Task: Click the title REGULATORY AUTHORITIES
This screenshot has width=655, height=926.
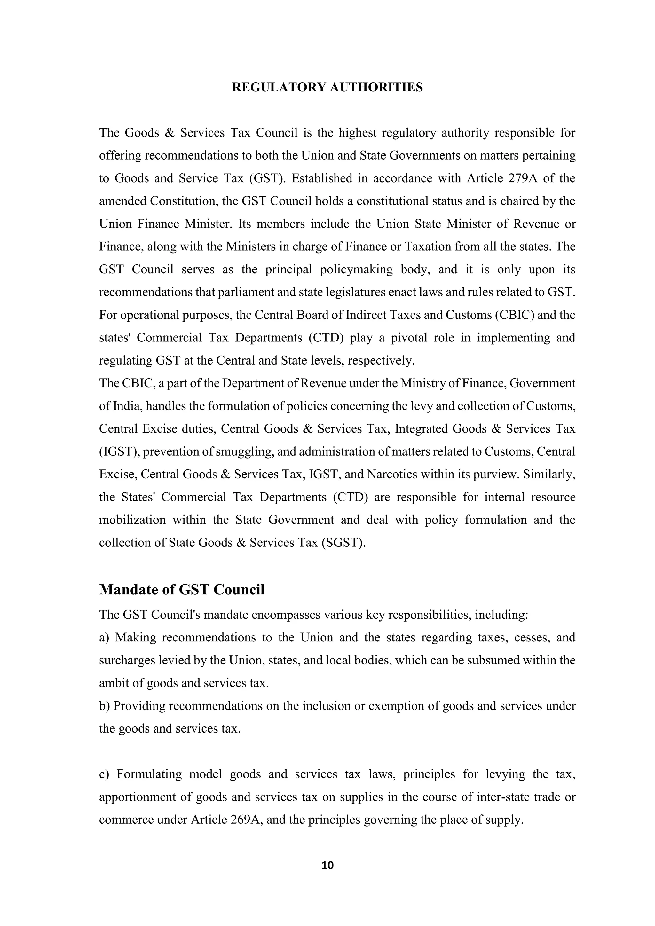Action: pyautogui.click(x=327, y=88)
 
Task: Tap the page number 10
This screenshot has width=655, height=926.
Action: pyautogui.click(x=327, y=865)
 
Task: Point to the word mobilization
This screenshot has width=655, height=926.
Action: pyautogui.click(x=132, y=520)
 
